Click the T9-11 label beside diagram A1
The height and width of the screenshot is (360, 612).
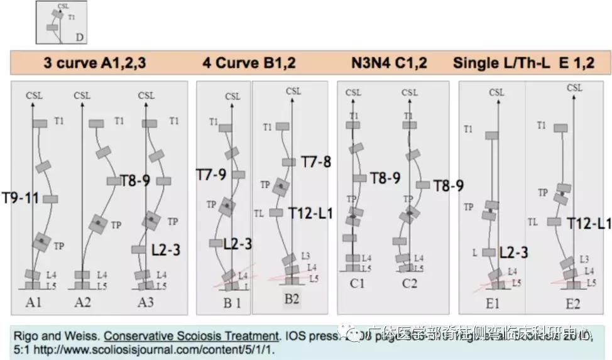point(20,199)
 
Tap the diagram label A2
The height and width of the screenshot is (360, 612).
point(82,302)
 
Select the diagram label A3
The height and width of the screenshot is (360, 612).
point(146,302)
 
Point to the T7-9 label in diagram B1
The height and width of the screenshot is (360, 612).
point(210,173)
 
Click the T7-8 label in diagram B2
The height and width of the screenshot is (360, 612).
point(316,162)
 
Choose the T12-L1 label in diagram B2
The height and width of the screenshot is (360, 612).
point(310,213)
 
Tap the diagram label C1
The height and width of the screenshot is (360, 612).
point(357,283)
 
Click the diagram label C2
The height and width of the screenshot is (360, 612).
point(410,283)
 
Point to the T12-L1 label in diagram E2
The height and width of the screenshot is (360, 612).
point(589,223)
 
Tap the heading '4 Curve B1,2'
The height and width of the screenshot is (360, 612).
point(249,63)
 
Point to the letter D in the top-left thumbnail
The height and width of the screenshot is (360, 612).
point(80,38)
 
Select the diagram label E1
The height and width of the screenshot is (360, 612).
point(492,303)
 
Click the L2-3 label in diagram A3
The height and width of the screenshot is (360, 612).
point(166,249)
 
